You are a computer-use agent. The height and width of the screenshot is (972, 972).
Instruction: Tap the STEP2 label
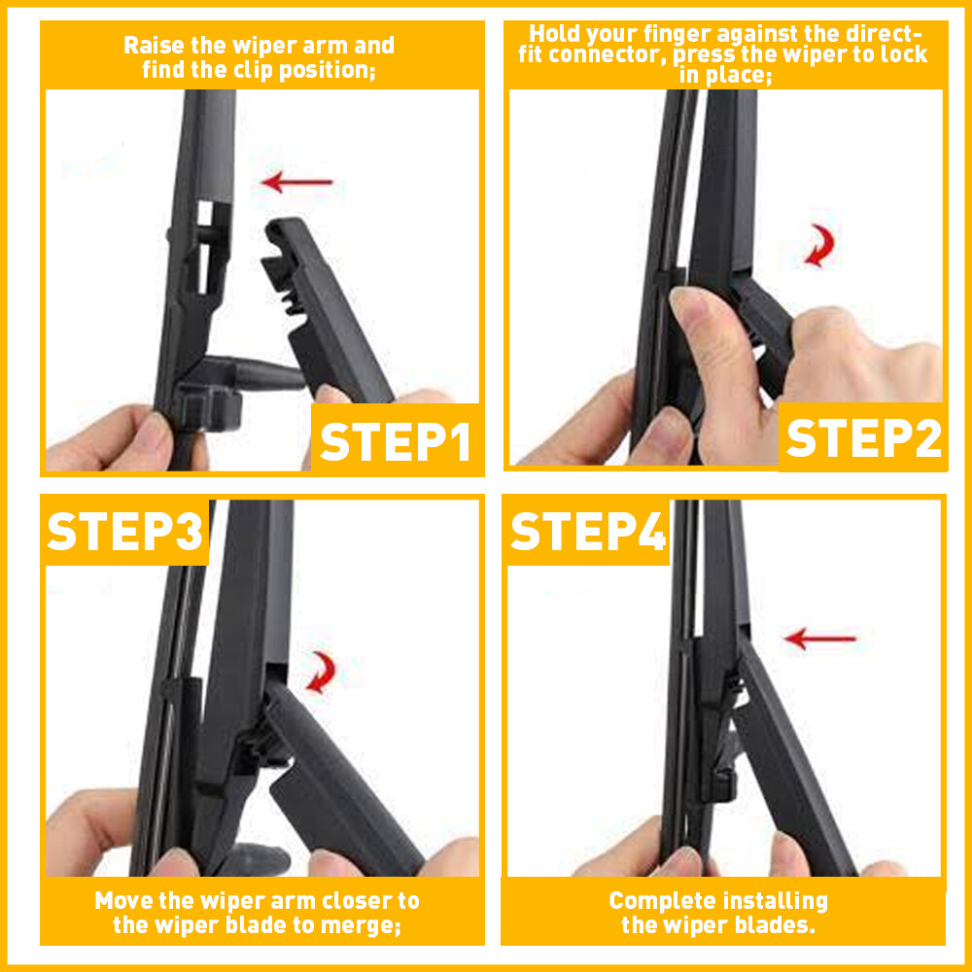click(x=863, y=438)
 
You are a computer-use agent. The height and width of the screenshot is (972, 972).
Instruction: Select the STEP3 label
click(x=125, y=532)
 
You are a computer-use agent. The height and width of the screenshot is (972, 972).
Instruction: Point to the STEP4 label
click(x=588, y=532)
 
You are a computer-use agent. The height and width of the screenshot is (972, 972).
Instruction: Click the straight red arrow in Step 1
click(x=297, y=181)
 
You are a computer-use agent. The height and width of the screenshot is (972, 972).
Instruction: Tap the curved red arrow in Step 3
click(x=321, y=672)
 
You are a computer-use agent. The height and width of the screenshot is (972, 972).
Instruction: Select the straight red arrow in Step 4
click(x=819, y=639)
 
